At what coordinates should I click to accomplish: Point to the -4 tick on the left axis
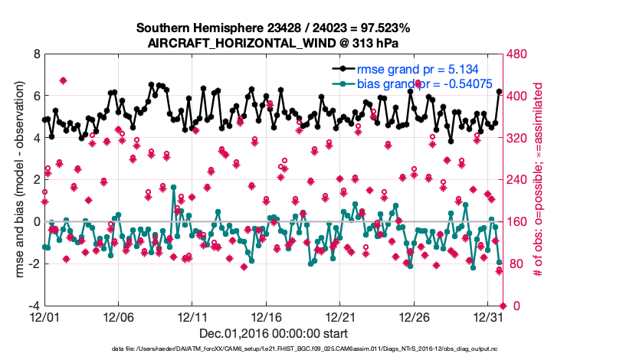tap(33, 306)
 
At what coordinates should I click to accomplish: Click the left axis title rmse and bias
tap(17, 180)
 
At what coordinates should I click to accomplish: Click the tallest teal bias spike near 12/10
tap(174, 187)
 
